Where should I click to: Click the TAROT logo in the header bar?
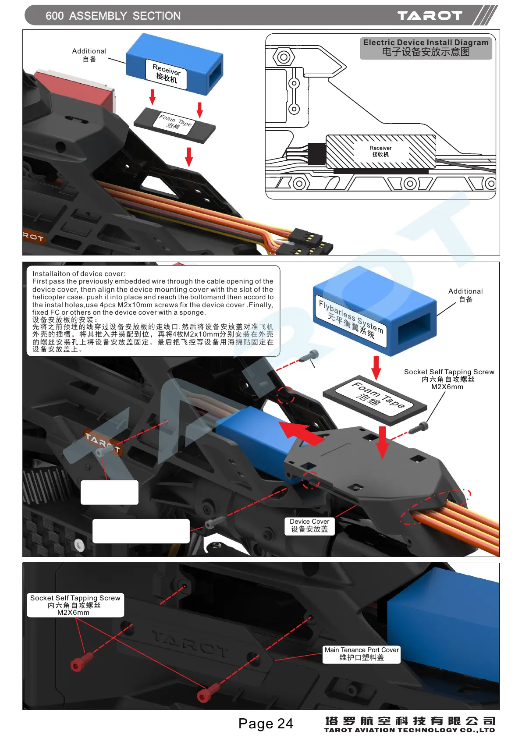coord(430,16)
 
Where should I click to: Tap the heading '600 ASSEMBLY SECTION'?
coord(113,16)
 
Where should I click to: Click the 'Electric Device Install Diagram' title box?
coord(426,48)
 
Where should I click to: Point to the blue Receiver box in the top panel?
coord(174,64)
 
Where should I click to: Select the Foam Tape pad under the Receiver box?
coord(174,125)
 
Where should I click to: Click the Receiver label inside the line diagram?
coord(380,151)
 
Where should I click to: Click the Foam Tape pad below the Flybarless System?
coord(375,399)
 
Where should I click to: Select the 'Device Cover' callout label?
coord(309,525)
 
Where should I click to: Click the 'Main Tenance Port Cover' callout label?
coord(362,654)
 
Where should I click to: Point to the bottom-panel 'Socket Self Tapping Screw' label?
coord(75,605)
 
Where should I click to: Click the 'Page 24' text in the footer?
coord(266,723)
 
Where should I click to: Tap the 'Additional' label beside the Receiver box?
coord(89,55)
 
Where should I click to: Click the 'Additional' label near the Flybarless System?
coord(465,295)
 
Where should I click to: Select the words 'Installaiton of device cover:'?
coord(79,274)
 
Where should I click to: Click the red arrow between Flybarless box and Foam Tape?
coord(376,367)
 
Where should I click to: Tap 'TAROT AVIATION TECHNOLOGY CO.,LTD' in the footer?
coord(409,730)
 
